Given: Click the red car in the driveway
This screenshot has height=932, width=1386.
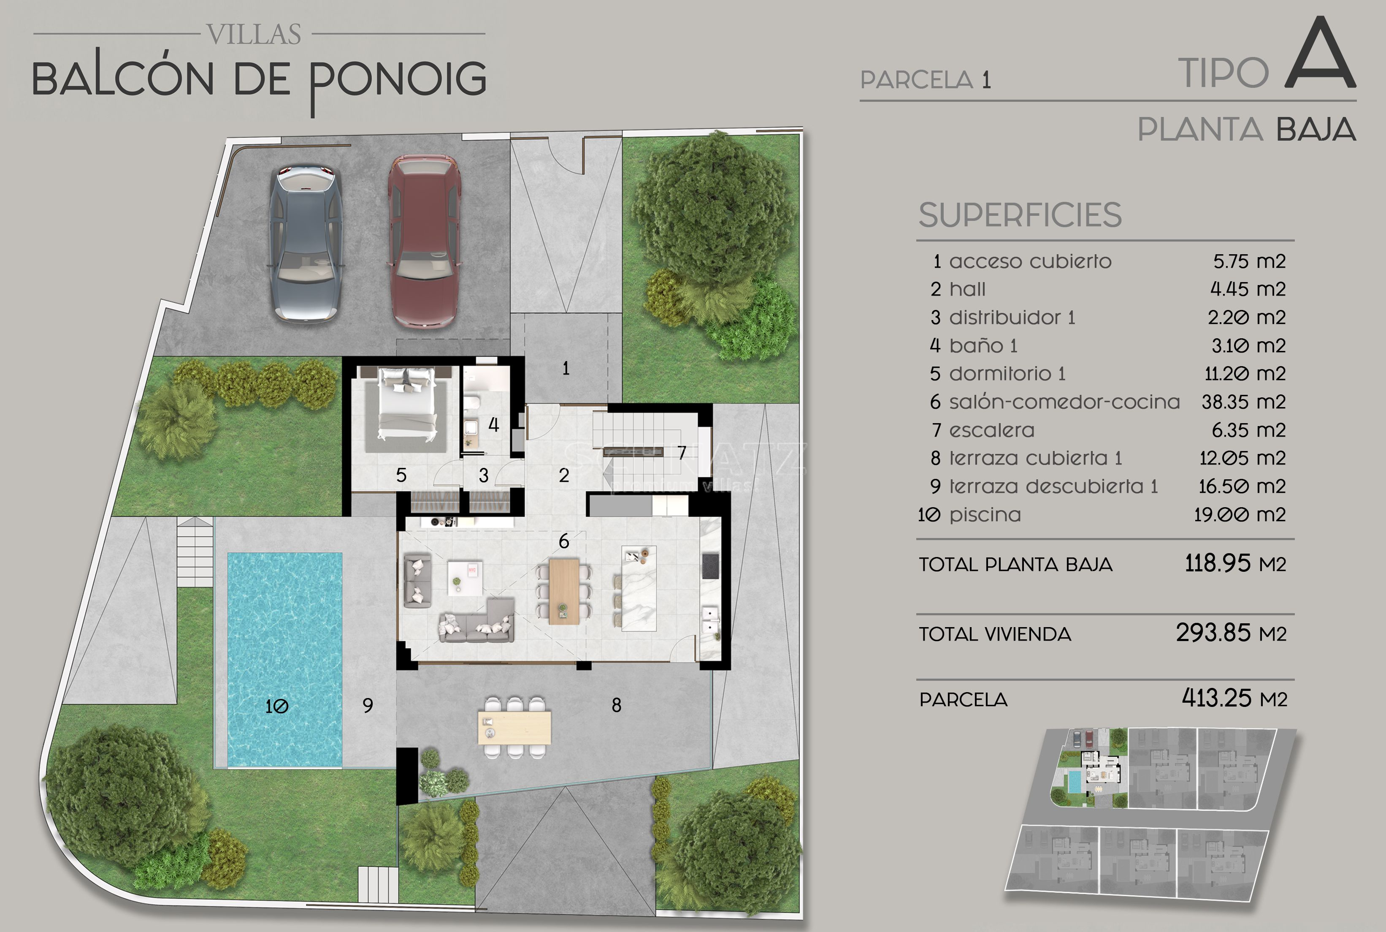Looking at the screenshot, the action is pos(424,242).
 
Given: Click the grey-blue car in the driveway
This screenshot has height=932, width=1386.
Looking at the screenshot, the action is pos(306,244).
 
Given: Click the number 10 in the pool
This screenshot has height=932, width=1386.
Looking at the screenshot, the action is pos(277,706).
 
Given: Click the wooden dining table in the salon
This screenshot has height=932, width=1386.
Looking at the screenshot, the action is pos(564,591).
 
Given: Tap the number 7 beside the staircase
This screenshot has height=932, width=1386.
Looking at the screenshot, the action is pos(682,453).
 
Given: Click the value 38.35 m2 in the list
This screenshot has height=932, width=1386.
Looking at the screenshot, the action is pos(1243,402).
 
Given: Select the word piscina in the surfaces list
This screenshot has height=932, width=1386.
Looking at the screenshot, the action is pos(985,515).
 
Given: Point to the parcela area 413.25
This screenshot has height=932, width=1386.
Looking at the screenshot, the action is pos(1217,698).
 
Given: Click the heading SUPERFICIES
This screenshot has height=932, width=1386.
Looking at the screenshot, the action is pos(1020,215).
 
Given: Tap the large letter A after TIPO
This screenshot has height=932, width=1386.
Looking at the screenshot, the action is pos(1320,54).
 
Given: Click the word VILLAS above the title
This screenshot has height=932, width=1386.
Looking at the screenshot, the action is pos(254,35).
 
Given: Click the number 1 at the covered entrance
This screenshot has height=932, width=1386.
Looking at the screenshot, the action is pos(566,369).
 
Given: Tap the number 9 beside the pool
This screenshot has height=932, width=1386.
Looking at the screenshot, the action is pos(368,706).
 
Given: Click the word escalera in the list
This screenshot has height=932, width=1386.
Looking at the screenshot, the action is pos(991,430).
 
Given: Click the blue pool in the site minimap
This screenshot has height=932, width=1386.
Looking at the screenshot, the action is pos(1074,782).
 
